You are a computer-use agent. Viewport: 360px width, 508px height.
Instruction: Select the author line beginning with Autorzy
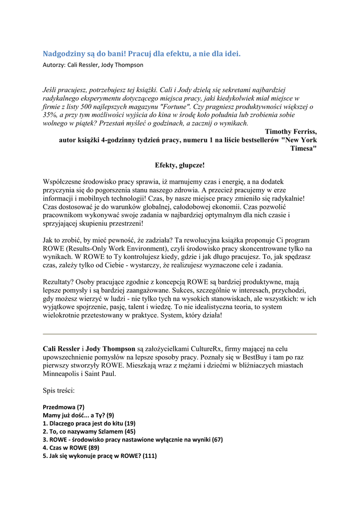(x=93, y=65)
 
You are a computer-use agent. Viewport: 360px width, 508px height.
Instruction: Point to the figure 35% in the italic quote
(x=51, y=115)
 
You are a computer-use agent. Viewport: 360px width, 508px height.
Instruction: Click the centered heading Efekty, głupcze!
(x=180, y=165)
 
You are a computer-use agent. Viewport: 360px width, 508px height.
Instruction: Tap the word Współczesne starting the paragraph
(x=66, y=182)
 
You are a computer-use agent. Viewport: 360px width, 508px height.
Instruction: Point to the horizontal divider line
(x=180, y=334)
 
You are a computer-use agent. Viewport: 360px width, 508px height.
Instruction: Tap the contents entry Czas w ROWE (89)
(x=71, y=447)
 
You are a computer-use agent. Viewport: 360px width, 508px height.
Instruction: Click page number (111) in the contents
(x=149, y=456)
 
